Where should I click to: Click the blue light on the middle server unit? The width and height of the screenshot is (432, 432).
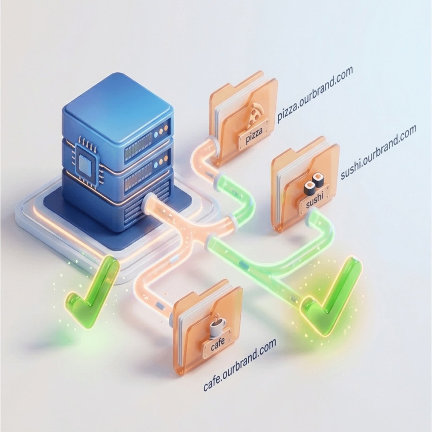pyautogui.click(x=156, y=165)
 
